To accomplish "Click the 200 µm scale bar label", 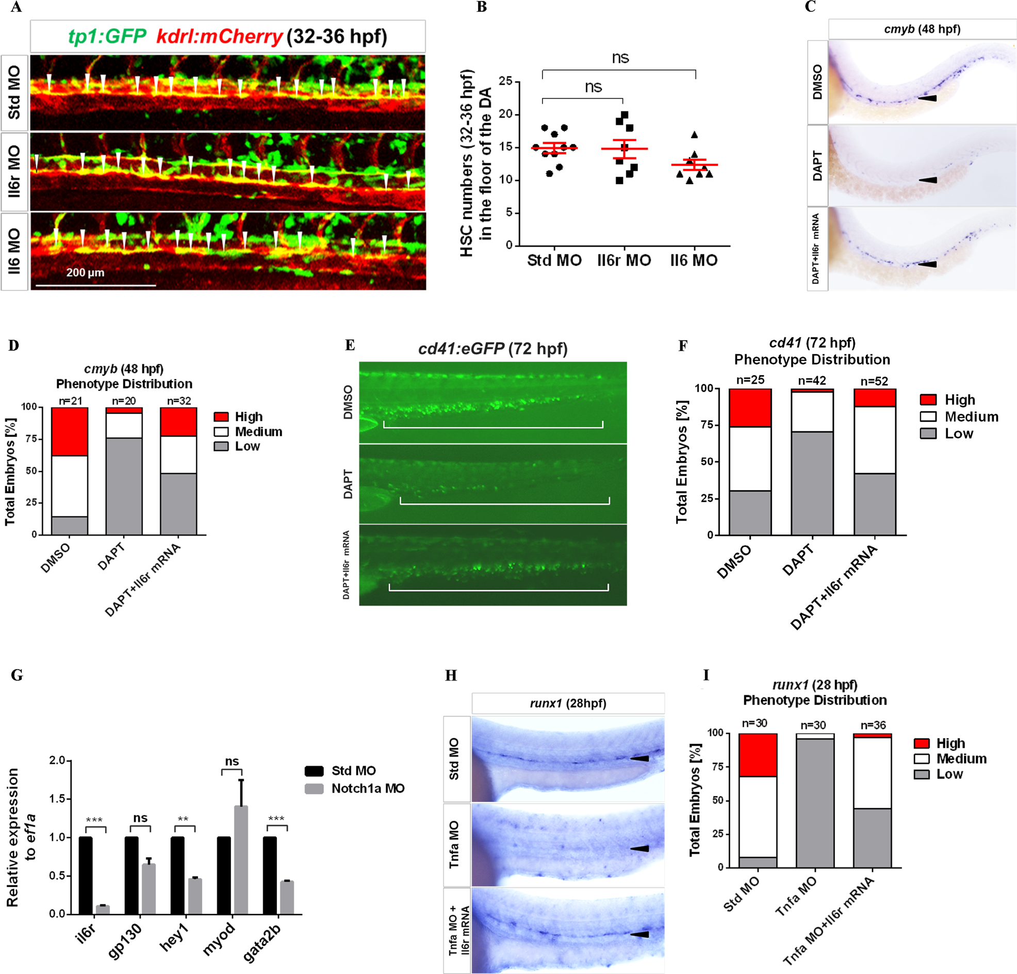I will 85,272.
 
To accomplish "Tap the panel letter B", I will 482,7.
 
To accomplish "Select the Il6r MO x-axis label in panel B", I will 624,260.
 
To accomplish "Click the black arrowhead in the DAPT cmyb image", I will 927,180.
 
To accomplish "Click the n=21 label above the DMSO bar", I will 70,401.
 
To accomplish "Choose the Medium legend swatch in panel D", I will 221,432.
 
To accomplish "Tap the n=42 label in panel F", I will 812,381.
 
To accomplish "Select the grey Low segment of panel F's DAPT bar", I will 812,483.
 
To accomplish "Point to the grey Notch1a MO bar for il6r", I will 103,909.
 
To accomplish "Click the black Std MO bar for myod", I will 224,875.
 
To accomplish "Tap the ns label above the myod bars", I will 232,761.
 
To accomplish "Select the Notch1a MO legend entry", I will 367,789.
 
